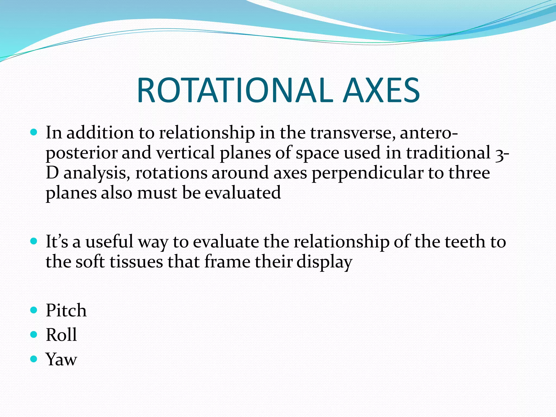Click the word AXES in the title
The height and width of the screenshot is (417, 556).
pos(381,90)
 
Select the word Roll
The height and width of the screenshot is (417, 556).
pos(61,334)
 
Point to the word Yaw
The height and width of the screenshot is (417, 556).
pos(61,359)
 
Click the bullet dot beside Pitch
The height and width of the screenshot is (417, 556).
pos(34,310)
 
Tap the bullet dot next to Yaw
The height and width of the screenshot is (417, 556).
pos(34,359)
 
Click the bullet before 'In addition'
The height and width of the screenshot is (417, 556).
pos(34,132)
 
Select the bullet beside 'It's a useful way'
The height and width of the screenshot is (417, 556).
pos(34,241)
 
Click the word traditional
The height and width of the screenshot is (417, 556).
pos(448,153)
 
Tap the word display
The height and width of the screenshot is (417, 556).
pos(324,262)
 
